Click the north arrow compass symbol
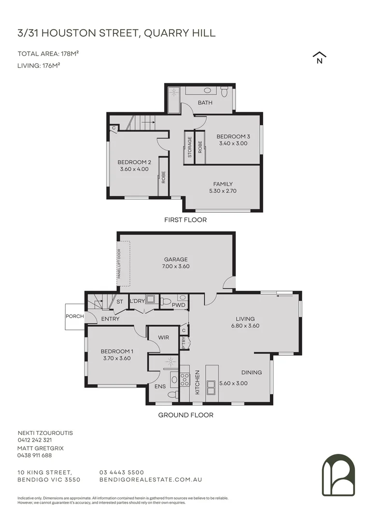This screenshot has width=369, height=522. (319, 58)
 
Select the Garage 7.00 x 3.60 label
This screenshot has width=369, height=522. (175, 262)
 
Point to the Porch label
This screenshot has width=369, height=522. (75, 317)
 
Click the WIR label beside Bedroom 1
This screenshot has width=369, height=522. (163, 337)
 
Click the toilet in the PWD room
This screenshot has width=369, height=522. (166, 301)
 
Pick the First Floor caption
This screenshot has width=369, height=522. (186, 220)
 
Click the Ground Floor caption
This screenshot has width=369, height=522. (186, 415)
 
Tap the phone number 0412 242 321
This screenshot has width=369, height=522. (34, 440)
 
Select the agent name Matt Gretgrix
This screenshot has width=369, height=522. (41, 448)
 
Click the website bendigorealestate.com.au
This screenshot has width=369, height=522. (150, 479)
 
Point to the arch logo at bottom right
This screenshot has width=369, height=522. (338, 475)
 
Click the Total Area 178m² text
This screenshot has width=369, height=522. (48, 54)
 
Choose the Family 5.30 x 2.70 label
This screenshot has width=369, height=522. (223, 187)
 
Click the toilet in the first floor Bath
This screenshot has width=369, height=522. (224, 90)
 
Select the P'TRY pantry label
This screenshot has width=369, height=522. (184, 342)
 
